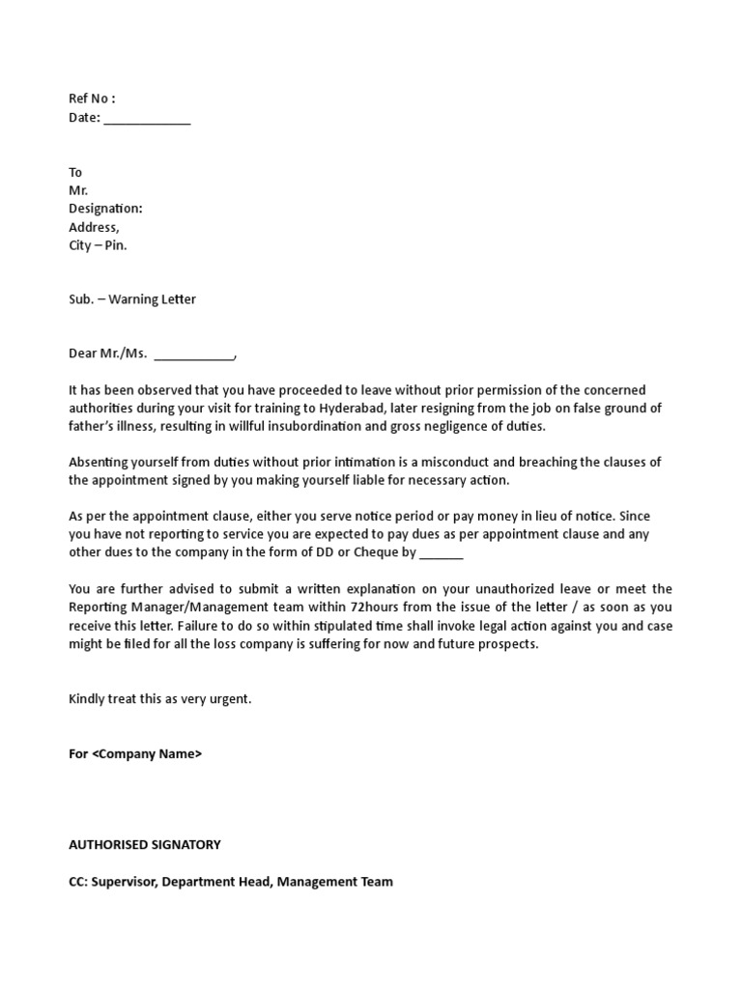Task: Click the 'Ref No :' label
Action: click(92, 99)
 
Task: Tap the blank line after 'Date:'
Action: click(147, 119)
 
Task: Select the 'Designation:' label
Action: click(105, 209)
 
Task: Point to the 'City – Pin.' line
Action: click(98, 245)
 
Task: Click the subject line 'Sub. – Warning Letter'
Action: click(132, 299)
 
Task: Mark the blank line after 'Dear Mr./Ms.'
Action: click(194, 354)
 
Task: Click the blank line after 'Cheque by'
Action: click(442, 553)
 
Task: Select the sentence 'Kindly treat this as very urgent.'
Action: click(160, 699)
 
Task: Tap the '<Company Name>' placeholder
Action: click(147, 754)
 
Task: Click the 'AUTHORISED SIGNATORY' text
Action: click(145, 845)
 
